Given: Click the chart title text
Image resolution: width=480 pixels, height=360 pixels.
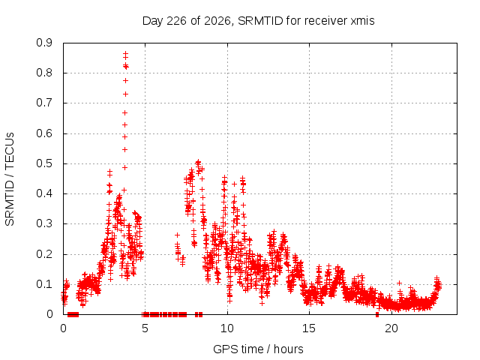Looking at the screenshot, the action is [x=258, y=21].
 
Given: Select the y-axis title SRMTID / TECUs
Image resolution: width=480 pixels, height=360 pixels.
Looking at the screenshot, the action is [x=10, y=179].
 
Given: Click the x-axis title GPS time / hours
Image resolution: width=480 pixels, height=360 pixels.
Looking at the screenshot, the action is [x=258, y=349].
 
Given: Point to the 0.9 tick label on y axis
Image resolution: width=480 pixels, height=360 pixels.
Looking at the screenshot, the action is [x=44, y=43].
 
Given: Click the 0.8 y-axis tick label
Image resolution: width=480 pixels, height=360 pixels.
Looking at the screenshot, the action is [x=44, y=73].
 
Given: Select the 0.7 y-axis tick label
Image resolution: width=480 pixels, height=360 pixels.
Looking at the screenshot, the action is [x=44, y=103].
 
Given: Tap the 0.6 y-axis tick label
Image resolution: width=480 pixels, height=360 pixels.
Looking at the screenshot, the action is [x=44, y=133].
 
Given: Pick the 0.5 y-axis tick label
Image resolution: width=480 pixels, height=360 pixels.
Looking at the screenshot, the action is [x=44, y=163].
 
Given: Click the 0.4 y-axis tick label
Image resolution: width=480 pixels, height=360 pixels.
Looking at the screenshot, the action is [x=44, y=193].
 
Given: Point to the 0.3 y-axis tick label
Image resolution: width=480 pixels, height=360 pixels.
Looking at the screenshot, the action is [x=44, y=223].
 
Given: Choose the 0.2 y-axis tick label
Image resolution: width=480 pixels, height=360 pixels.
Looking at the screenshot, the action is [x=44, y=254].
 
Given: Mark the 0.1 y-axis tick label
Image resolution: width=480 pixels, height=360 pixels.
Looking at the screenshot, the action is [x=44, y=284].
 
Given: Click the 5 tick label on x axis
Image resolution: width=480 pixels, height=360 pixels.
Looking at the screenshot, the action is [x=145, y=328].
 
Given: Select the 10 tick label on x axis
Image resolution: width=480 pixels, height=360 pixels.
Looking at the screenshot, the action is [x=227, y=328].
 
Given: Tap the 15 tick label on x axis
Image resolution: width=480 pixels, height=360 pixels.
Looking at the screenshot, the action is [x=309, y=328].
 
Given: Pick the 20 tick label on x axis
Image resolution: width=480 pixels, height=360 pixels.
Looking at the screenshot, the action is [x=391, y=328].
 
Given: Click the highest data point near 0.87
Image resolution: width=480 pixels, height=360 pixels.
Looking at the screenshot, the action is [x=125, y=53].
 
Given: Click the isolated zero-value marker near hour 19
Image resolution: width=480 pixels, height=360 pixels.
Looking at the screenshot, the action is [x=377, y=314].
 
